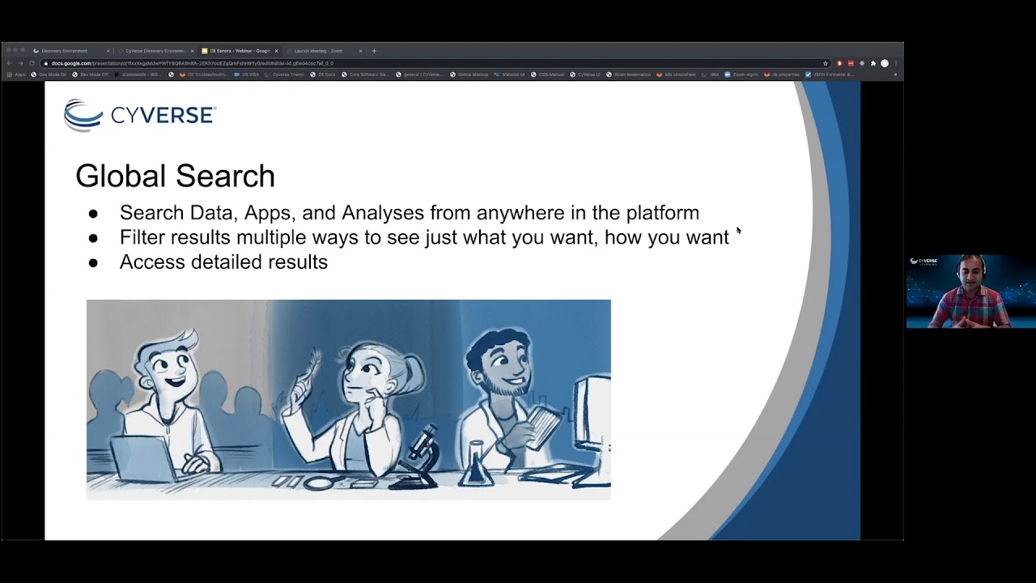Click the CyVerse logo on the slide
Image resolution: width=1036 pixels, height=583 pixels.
139,116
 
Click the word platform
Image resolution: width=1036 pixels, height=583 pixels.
662,213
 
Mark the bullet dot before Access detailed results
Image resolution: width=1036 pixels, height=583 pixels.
93,262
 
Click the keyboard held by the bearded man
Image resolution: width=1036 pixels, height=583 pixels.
541,425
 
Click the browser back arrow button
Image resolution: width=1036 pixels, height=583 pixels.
9,63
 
